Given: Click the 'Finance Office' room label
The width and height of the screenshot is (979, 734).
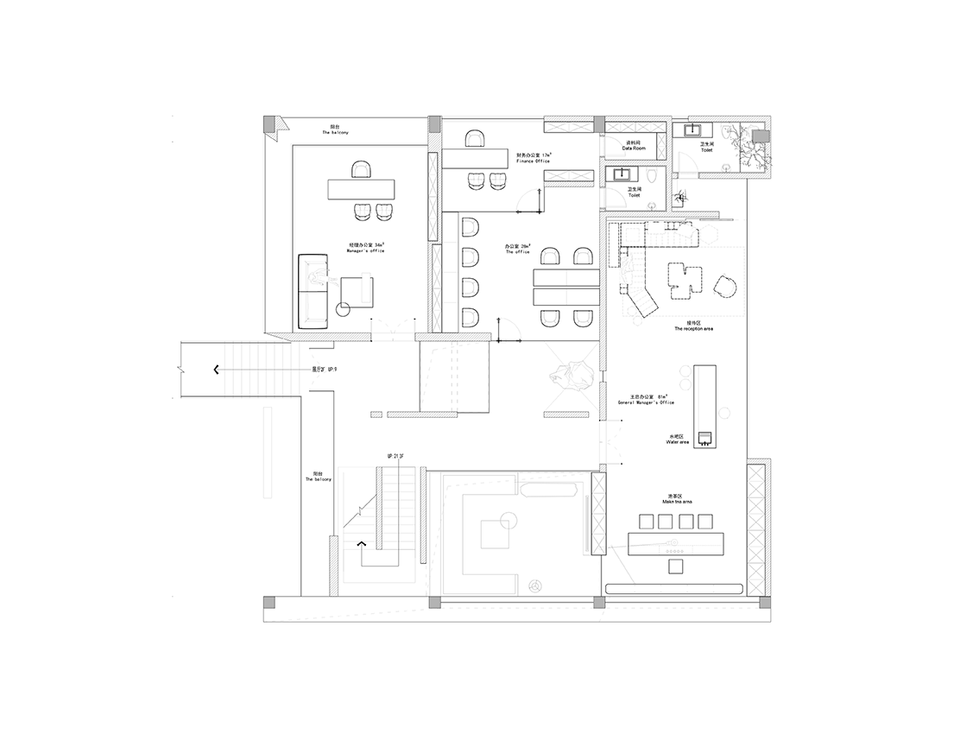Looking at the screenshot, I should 534,159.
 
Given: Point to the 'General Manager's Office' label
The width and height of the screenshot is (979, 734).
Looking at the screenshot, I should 646,402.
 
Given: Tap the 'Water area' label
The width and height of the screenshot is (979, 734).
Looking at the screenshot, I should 678,440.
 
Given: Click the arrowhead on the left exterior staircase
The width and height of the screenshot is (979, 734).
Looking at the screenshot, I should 213,370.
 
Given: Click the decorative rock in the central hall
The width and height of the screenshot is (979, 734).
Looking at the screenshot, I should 571,375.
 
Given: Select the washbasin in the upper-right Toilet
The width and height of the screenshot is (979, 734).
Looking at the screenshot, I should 692,131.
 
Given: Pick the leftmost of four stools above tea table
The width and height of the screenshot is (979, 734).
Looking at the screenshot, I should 645,521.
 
